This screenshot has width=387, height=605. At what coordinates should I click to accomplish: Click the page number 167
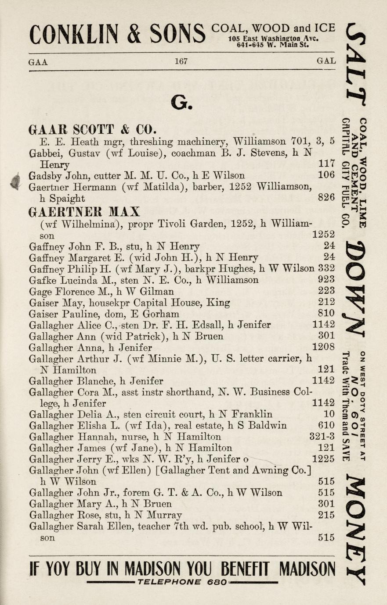pyautogui.click(x=181, y=61)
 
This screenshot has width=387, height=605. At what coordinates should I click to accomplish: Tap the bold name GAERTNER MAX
pyautogui.click(x=84, y=212)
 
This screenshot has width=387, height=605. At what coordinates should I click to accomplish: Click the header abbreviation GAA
pyautogui.click(x=38, y=62)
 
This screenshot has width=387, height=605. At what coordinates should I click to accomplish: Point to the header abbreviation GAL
pyautogui.click(x=326, y=61)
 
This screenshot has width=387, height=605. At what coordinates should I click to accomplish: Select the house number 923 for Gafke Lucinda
pyautogui.click(x=326, y=279)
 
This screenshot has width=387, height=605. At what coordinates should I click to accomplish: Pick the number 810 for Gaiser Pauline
pyautogui.click(x=326, y=313)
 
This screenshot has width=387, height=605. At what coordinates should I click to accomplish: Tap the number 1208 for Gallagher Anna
pyautogui.click(x=323, y=348)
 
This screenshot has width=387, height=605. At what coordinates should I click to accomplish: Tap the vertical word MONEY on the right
pyautogui.click(x=356, y=530)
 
